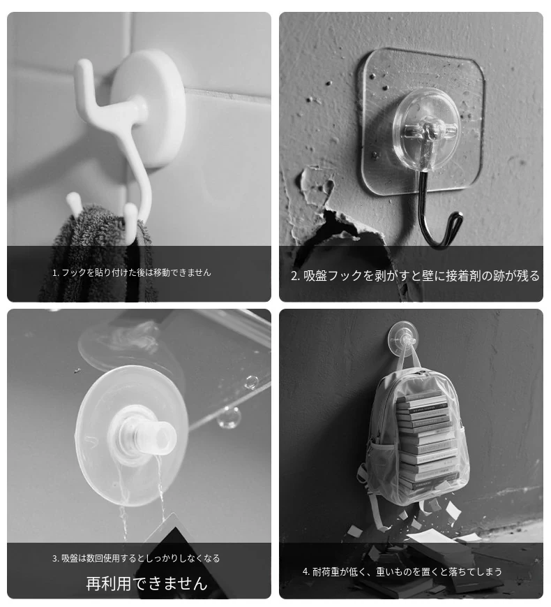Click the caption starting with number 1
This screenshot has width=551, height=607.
tap(132, 272)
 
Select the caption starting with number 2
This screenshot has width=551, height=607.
tap(415, 276)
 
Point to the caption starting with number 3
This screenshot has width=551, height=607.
tap(136, 558)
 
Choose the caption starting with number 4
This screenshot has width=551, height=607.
tap(402, 571)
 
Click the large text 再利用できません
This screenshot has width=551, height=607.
tap(147, 583)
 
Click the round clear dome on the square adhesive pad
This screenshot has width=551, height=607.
tap(427, 130)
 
